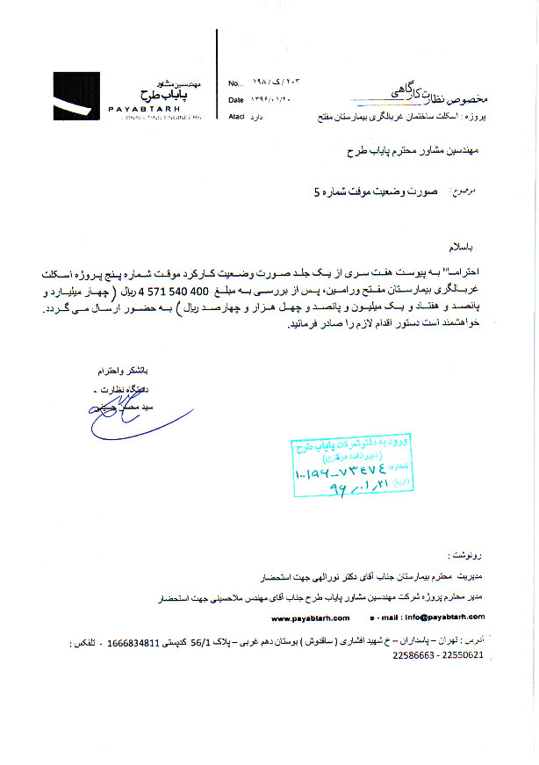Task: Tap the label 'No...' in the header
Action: click(x=234, y=83)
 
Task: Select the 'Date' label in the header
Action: click(x=235, y=100)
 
